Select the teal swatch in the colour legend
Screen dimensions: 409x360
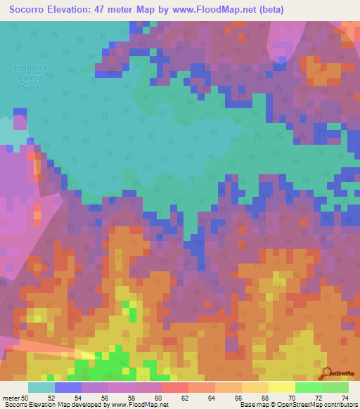pos(41,387)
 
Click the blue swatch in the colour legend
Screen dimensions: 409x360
pos(68,387)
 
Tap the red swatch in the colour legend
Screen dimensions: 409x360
pos(175,387)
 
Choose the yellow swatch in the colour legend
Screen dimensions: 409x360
pos(282,387)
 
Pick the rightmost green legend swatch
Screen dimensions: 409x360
pos(335,387)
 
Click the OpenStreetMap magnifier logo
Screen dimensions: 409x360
pos(327,373)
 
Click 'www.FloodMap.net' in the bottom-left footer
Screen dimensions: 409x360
pos(139,405)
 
